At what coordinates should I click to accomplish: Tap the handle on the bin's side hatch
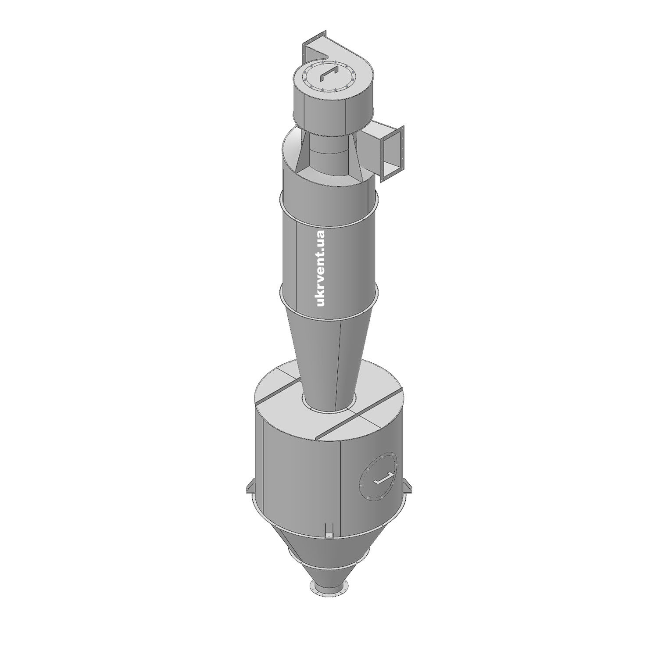coord(383,479)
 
